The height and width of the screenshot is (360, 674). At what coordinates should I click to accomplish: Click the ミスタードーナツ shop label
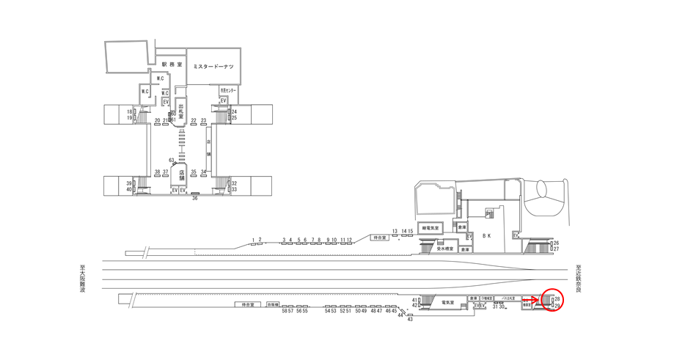tap(213, 67)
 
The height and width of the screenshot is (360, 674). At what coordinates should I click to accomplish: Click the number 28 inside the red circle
tap(557, 299)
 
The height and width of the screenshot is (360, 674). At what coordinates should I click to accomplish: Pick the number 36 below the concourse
tap(195, 198)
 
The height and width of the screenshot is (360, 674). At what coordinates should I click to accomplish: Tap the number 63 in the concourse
tap(172, 160)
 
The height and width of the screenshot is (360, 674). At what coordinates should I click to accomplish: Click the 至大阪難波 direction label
tap(83, 279)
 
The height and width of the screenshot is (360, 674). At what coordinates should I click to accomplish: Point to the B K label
tap(486, 235)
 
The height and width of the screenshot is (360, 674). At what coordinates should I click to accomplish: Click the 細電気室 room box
tap(428, 228)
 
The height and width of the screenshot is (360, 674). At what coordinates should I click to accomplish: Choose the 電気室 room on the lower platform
tap(448, 301)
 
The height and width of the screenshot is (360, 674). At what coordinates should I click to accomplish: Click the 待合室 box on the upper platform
tap(378, 238)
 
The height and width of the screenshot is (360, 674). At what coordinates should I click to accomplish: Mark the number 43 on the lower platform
tap(410, 320)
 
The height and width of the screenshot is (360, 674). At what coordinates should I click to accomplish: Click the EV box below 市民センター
tap(222, 100)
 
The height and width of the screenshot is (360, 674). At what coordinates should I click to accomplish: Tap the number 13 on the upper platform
tap(395, 231)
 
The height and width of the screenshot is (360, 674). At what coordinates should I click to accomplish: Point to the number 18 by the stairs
tap(128, 111)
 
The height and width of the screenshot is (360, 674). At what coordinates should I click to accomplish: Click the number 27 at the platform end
tap(556, 249)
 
